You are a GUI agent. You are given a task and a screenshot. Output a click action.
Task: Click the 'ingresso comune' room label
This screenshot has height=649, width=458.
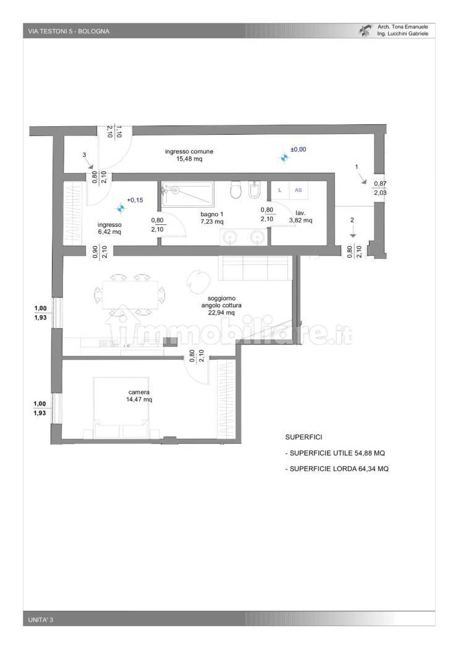(x=189, y=155)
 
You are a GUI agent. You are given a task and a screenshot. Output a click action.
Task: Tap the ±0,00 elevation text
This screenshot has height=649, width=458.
(x=298, y=150)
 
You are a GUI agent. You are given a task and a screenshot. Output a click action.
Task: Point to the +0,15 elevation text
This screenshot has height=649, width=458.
(x=135, y=200)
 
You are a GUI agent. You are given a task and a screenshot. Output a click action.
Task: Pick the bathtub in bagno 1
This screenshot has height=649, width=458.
(x=187, y=193)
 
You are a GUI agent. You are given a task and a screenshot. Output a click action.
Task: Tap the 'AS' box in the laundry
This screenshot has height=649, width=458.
(x=299, y=190)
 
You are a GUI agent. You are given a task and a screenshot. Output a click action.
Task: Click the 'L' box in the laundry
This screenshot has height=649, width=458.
(x=280, y=190)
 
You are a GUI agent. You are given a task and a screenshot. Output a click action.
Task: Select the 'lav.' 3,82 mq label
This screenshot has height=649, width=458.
(x=300, y=217)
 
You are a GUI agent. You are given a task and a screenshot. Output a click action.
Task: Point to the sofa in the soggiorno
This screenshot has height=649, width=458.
(x=255, y=268)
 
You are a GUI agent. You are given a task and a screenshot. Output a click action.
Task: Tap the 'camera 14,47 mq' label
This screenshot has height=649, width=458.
(x=139, y=396)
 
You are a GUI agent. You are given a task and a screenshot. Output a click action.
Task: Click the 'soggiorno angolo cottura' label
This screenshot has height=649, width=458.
(x=221, y=305)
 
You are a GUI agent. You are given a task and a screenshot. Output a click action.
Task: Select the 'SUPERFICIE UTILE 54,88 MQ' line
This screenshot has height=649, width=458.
(x=335, y=453)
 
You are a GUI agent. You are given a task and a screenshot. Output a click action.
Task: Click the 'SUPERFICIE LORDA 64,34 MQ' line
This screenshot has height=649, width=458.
(x=337, y=469)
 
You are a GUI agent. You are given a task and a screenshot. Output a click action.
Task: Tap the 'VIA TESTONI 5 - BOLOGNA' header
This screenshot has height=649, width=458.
(x=69, y=31)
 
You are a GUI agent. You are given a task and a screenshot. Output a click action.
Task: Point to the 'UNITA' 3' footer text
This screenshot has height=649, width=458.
(x=41, y=619)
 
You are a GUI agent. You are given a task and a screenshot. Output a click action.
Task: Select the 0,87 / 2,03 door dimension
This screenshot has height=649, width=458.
(x=380, y=189)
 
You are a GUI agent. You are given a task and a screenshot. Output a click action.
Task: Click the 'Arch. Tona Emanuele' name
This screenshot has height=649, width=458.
(x=403, y=27)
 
